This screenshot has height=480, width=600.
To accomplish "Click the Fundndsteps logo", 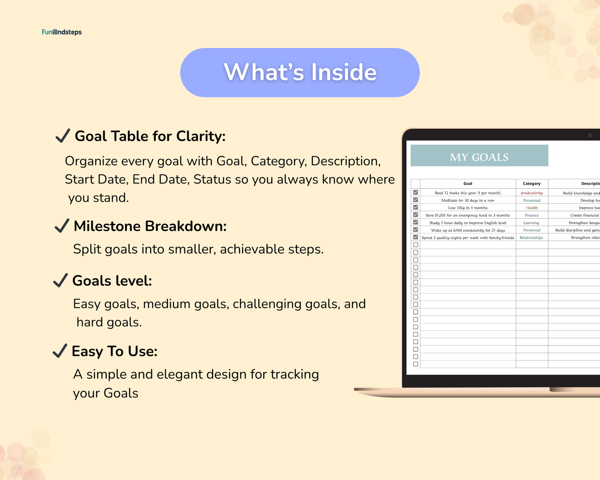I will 61,32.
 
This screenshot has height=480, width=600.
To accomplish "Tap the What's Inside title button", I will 300,73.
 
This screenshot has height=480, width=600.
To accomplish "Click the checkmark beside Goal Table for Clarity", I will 63,136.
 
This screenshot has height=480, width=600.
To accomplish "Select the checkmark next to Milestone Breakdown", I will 62,226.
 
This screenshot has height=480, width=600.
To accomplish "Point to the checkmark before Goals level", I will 61,281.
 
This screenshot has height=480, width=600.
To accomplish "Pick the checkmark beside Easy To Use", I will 60,351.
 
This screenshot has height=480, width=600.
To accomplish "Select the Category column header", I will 531,184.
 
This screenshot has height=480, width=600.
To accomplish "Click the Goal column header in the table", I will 468,184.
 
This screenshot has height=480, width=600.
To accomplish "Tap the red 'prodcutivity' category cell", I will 531,193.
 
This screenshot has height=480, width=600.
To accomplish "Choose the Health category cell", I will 531,208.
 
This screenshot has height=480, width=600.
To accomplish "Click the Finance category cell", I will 531,216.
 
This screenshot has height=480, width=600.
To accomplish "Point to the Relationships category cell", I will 531,238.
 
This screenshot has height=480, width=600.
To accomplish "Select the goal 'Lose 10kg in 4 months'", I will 468,208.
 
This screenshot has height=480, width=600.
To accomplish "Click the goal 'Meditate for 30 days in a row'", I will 468,201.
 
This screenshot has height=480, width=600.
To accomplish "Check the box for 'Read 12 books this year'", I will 415,193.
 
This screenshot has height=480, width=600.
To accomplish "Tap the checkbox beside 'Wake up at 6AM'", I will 415,230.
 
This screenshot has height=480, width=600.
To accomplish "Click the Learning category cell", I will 531,223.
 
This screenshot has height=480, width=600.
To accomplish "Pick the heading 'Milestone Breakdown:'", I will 150,226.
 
